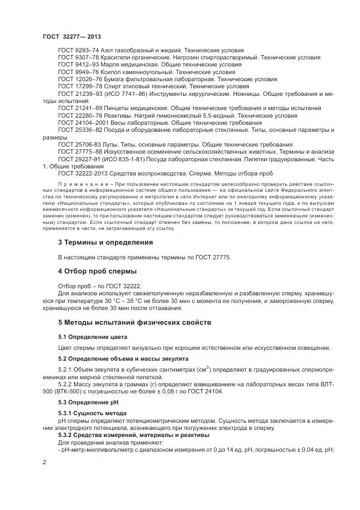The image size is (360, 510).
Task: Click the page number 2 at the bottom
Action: (44, 462)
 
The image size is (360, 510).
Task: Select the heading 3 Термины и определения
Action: (105, 242)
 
